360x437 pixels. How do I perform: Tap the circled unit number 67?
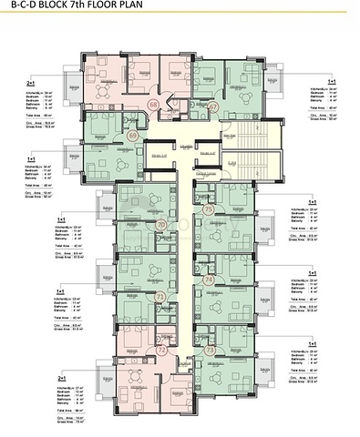point(213,107)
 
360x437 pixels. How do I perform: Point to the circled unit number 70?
point(160,223)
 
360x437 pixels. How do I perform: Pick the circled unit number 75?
point(209,209)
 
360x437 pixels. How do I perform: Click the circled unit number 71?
point(160,297)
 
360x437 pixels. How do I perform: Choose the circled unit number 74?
point(209,280)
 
